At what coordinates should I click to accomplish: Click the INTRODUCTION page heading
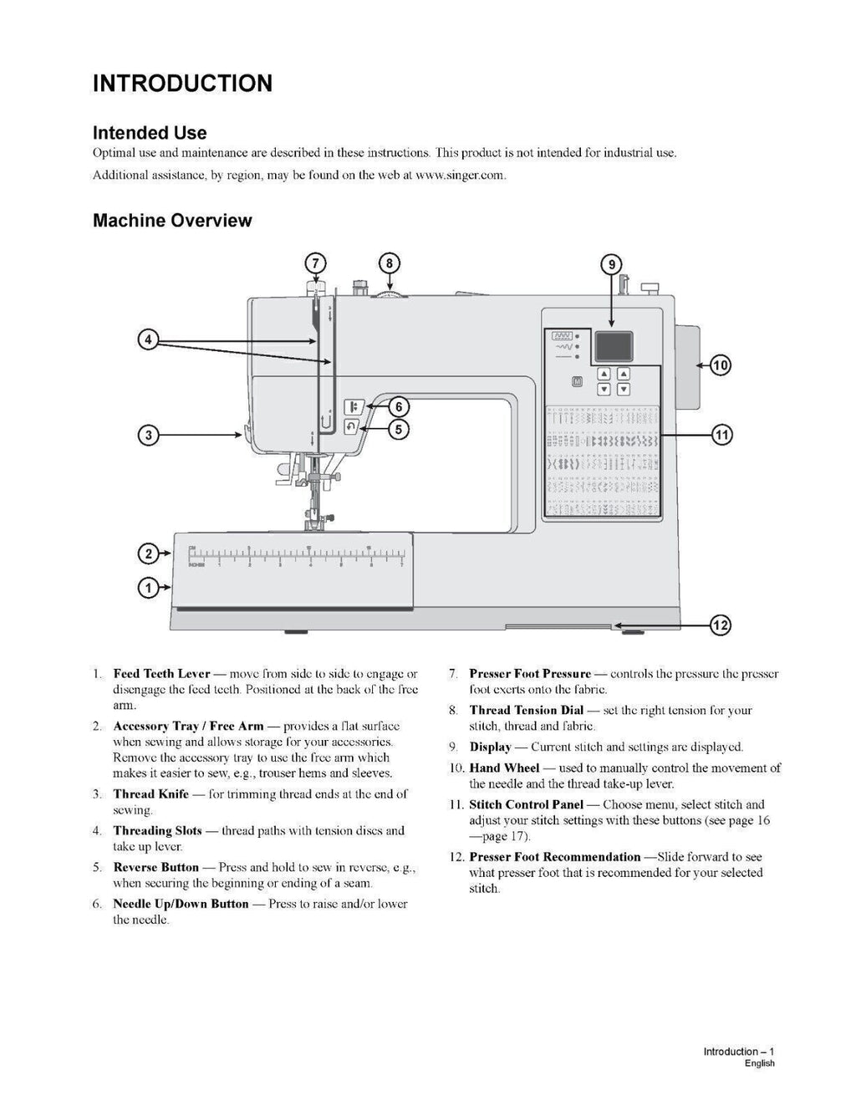click(x=182, y=84)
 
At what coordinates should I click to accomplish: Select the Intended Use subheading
click(x=150, y=133)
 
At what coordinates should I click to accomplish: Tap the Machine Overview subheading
click(x=172, y=221)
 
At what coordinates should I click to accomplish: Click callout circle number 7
click(x=315, y=263)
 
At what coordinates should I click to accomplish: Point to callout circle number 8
click(x=389, y=263)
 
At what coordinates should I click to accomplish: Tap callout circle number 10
click(x=720, y=365)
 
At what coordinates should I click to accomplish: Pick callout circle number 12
click(x=720, y=625)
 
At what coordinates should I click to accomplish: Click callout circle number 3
click(x=149, y=435)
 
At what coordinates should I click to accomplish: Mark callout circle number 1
click(x=149, y=588)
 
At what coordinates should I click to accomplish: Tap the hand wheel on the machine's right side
click(x=685, y=365)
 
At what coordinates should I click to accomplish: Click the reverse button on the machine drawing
click(x=351, y=427)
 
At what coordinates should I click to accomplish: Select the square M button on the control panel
click(x=577, y=382)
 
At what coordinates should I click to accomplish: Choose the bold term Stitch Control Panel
click(x=526, y=804)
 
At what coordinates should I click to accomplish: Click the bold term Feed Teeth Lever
click(x=161, y=674)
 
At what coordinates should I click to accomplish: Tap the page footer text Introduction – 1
click(x=739, y=1052)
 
